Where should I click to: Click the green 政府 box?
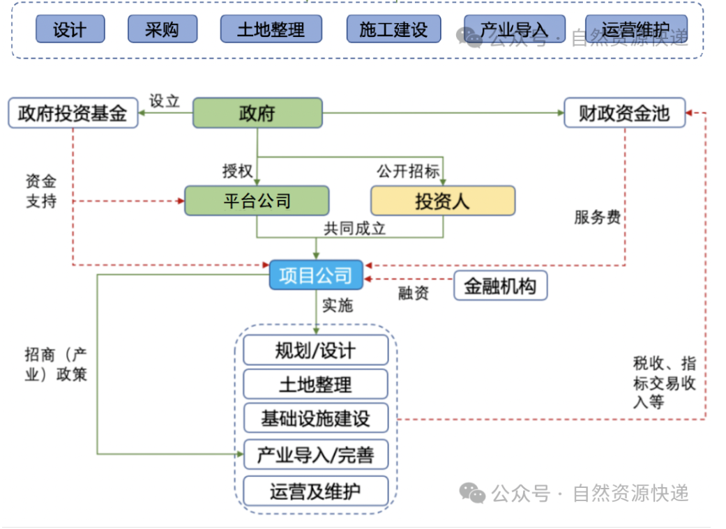(257, 113)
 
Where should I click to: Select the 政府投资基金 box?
(73, 114)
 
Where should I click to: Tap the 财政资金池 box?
(624, 114)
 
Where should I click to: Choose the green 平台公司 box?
(257, 201)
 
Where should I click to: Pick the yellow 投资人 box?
(442, 201)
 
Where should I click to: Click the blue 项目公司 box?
(316, 275)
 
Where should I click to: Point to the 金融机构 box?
(500, 286)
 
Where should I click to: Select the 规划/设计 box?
(315, 350)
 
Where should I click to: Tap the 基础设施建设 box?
(315, 418)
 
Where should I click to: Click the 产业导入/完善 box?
(315, 455)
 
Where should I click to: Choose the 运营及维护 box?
(315, 491)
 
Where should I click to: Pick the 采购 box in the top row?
(162, 29)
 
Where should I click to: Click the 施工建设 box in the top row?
(393, 29)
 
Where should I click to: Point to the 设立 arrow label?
(165, 100)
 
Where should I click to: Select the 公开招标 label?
(408, 171)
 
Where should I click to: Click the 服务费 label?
(597, 217)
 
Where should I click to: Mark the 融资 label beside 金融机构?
(414, 293)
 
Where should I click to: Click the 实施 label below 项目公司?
(338, 305)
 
